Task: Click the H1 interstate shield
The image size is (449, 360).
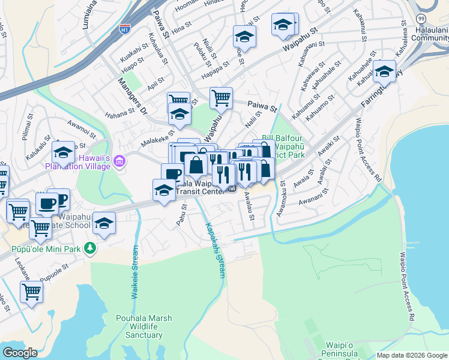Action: pos(125,29)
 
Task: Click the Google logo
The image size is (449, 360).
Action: pos(20,353)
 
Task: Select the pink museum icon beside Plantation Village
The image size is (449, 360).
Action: pos(119,161)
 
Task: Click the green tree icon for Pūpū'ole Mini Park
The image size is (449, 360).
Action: pos(90,247)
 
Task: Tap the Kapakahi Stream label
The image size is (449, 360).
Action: pos(215,250)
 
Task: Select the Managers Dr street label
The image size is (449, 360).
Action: pos(133,95)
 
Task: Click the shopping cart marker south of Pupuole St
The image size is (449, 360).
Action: pos(31,292)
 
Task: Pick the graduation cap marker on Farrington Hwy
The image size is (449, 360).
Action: pos(384,71)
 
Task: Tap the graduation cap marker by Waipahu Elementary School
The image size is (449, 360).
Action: pos(104,224)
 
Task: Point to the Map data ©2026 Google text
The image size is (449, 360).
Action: pos(412,355)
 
